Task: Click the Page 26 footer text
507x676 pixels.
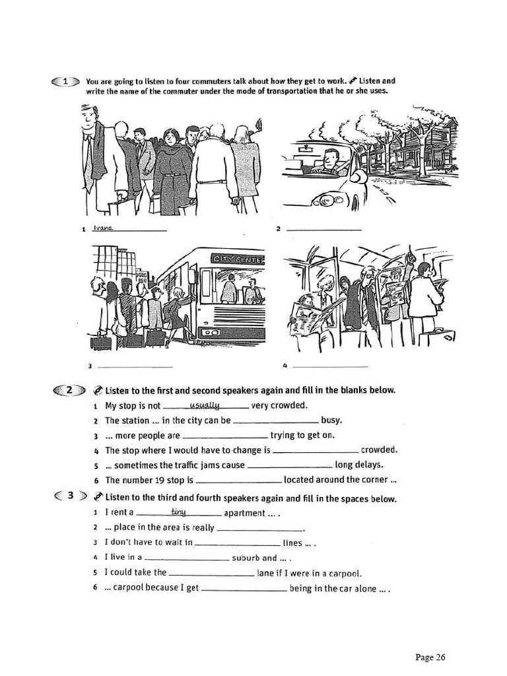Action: [430, 657]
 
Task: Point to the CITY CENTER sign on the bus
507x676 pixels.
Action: [238, 260]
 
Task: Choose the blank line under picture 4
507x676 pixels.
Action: [330, 366]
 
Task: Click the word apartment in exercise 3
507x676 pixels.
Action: [244, 513]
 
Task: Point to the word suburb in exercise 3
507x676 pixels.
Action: [246, 558]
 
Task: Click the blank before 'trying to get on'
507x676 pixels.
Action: [224, 436]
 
